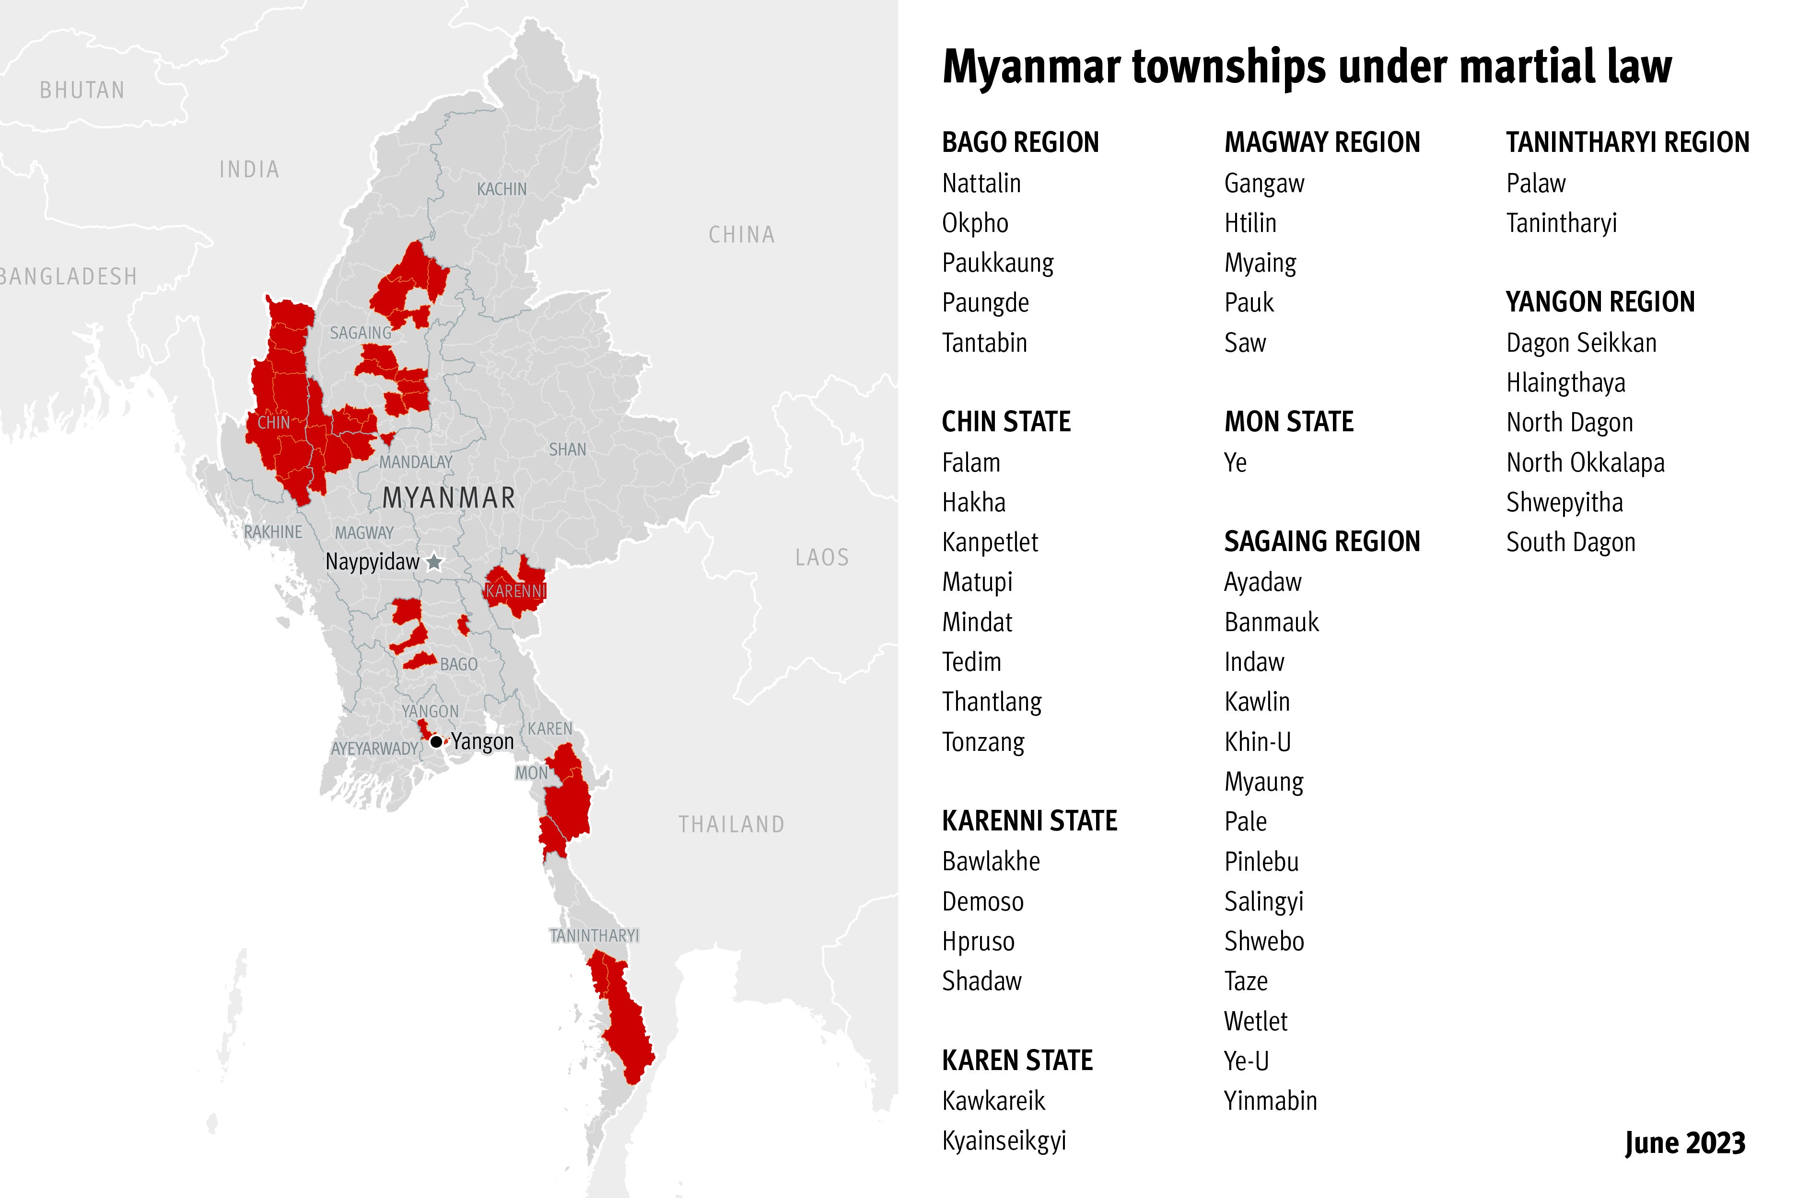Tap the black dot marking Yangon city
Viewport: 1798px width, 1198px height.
[x=436, y=741]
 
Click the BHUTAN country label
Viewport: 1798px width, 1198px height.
[x=82, y=90]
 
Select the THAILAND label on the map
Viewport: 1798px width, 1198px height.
[x=731, y=824]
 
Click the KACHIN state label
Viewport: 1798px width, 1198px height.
[x=502, y=189]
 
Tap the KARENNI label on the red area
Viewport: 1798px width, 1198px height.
[x=516, y=590]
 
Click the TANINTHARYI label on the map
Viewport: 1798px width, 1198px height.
[x=594, y=935]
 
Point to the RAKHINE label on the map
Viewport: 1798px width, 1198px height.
[x=273, y=532]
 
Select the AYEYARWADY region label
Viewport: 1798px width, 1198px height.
[x=374, y=749]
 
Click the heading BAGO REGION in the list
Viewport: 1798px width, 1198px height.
[x=1020, y=142]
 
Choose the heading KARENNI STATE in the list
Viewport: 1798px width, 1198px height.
[x=1029, y=820]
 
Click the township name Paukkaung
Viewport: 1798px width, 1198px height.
[x=998, y=263]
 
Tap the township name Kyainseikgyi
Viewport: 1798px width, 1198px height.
[x=1004, y=1140]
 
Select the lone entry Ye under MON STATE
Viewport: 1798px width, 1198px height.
[x=1236, y=462]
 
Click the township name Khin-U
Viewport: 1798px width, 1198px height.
[x=1257, y=741]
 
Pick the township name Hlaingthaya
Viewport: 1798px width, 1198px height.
[x=1565, y=382]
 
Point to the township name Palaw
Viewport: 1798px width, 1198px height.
[x=1535, y=184]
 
